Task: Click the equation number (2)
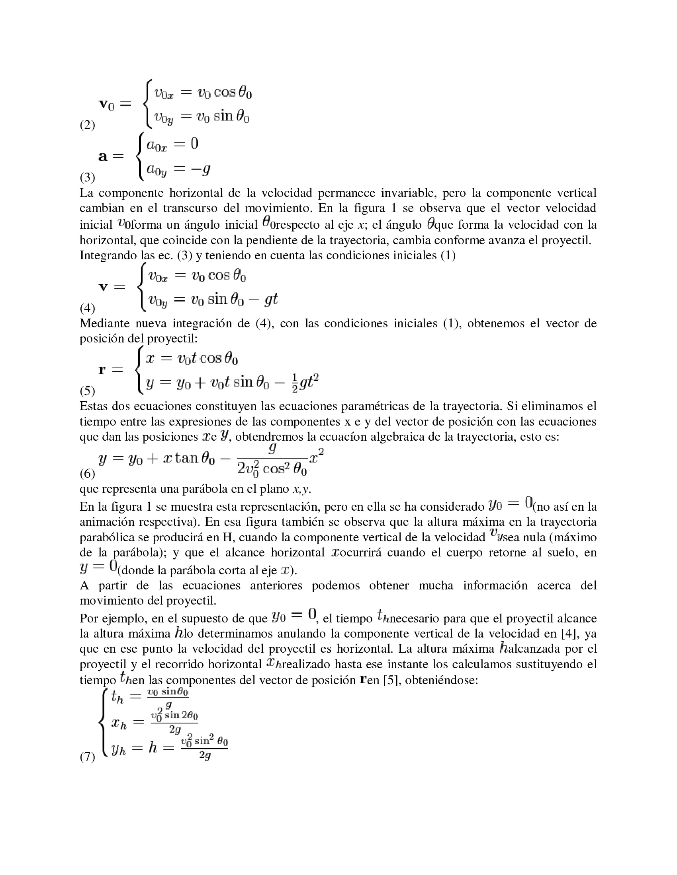tap(88, 125)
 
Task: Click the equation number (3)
tap(88, 177)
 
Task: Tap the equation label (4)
tap(88, 308)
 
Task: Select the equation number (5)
tap(88, 391)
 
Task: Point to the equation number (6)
tap(88, 474)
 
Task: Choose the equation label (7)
tap(88, 757)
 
